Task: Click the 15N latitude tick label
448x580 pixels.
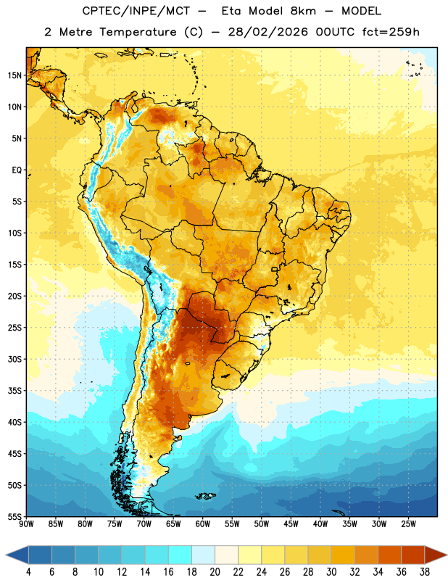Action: coord(14,75)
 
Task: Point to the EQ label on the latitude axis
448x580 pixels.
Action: coord(17,170)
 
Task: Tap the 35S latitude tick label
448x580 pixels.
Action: coord(14,391)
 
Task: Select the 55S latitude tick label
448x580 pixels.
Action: coord(14,516)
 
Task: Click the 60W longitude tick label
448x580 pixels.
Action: coord(203,524)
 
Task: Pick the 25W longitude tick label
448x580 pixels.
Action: coord(408,524)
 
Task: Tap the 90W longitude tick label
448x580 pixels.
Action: coord(26,524)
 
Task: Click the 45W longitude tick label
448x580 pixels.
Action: coord(291,524)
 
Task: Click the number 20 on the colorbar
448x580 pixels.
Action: coord(215,572)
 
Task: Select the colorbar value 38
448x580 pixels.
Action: coord(425,572)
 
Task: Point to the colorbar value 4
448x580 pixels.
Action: coord(28,572)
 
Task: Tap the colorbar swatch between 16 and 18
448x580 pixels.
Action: coord(180,555)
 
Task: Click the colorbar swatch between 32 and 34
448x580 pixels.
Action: coord(366,555)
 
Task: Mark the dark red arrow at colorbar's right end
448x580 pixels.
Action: coord(434,555)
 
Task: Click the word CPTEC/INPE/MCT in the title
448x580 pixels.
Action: coord(136,11)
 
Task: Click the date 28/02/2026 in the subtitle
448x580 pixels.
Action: coord(267,32)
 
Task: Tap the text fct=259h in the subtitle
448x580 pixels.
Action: coord(391,32)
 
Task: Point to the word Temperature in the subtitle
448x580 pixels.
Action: coord(138,33)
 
